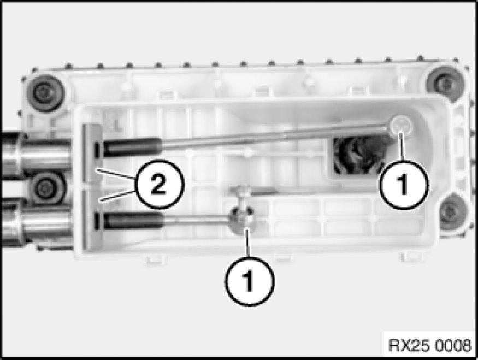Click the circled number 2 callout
(x=159, y=184)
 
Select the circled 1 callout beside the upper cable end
(x=404, y=184)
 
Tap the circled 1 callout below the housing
(x=249, y=281)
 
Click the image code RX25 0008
(x=429, y=345)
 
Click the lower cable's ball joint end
(x=243, y=220)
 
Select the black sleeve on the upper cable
(x=132, y=147)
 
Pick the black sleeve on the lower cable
(x=133, y=220)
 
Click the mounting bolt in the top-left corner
(x=46, y=93)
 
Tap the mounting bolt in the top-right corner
(x=445, y=83)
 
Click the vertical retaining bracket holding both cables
(x=91, y=186)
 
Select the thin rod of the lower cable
(x=197, y=219)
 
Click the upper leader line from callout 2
(x=115, y=174)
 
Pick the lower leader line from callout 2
(x=117, y=196)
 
